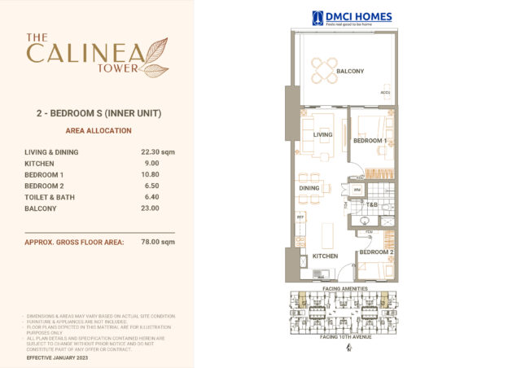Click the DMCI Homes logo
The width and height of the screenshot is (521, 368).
pos(352,17)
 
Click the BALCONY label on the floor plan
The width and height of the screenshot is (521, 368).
pos(350,72)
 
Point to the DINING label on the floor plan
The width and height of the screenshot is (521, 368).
pos(309,188)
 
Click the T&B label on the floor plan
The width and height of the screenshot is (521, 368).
pos(371,204)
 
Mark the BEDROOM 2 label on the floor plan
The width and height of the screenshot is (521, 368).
pos(376,252)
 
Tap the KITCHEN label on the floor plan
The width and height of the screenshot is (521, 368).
pos(325,256)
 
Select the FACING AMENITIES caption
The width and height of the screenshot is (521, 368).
pos(344,289)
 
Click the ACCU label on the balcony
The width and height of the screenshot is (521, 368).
pos(385,93)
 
